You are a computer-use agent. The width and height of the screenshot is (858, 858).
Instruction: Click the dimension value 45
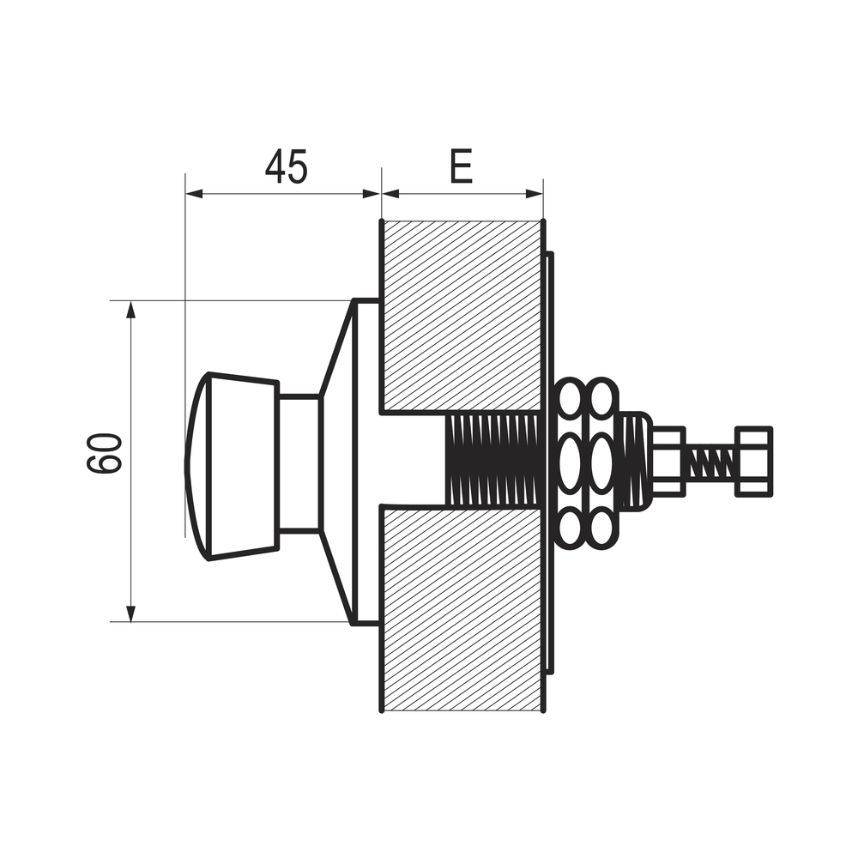pyautogui.click(x=286, y=166)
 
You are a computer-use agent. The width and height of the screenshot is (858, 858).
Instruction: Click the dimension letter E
pyautogui.click(x=461, y=167)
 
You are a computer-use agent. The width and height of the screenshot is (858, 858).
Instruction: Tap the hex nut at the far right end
pyautogui.click(x=753, y=461)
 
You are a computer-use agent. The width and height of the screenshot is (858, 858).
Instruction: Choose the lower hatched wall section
pyautogui.click(x=461, y=609)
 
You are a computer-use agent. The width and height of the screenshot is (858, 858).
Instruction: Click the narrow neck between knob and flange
pyautogui.click(x=299, y=463)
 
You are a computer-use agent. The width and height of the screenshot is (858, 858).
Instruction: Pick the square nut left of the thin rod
pyautogui.click(x=668, y=461)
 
